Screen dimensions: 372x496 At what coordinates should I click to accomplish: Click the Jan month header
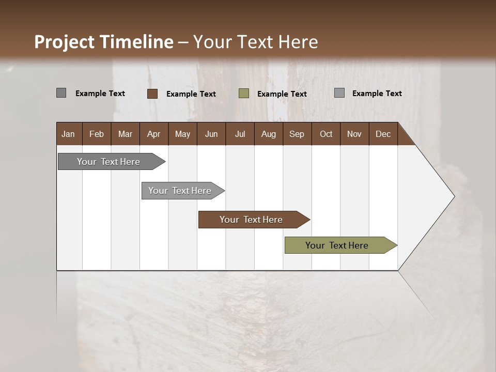[x=68, y=134]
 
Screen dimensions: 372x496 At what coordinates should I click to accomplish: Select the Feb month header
[x=97, y=134]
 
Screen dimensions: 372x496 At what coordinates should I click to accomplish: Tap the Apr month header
[x=153, y=134]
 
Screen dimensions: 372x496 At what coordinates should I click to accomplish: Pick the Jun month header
[x=211, y=134]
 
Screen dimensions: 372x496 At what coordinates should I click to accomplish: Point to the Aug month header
[x=268, y=134]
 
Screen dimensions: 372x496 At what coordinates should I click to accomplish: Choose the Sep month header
[x=297, y=134]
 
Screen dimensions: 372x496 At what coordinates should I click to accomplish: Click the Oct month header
[x=326, y=134]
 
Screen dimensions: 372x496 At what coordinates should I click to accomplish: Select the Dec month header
[x=383, y=134]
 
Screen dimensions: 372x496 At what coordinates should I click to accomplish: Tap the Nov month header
[x=354, y=134]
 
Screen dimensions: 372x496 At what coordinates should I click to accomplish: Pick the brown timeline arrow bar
[x=252, y=220]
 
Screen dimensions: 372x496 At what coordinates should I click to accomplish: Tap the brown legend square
[x=152, y=94]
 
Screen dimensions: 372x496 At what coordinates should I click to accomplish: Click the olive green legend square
[x=244, y=94]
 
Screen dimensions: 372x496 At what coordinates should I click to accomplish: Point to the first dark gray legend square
[x=61, y=93]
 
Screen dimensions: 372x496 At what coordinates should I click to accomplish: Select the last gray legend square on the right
[x=339, y=93]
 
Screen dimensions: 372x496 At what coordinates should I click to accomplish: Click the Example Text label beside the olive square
[x=282, y=94]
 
